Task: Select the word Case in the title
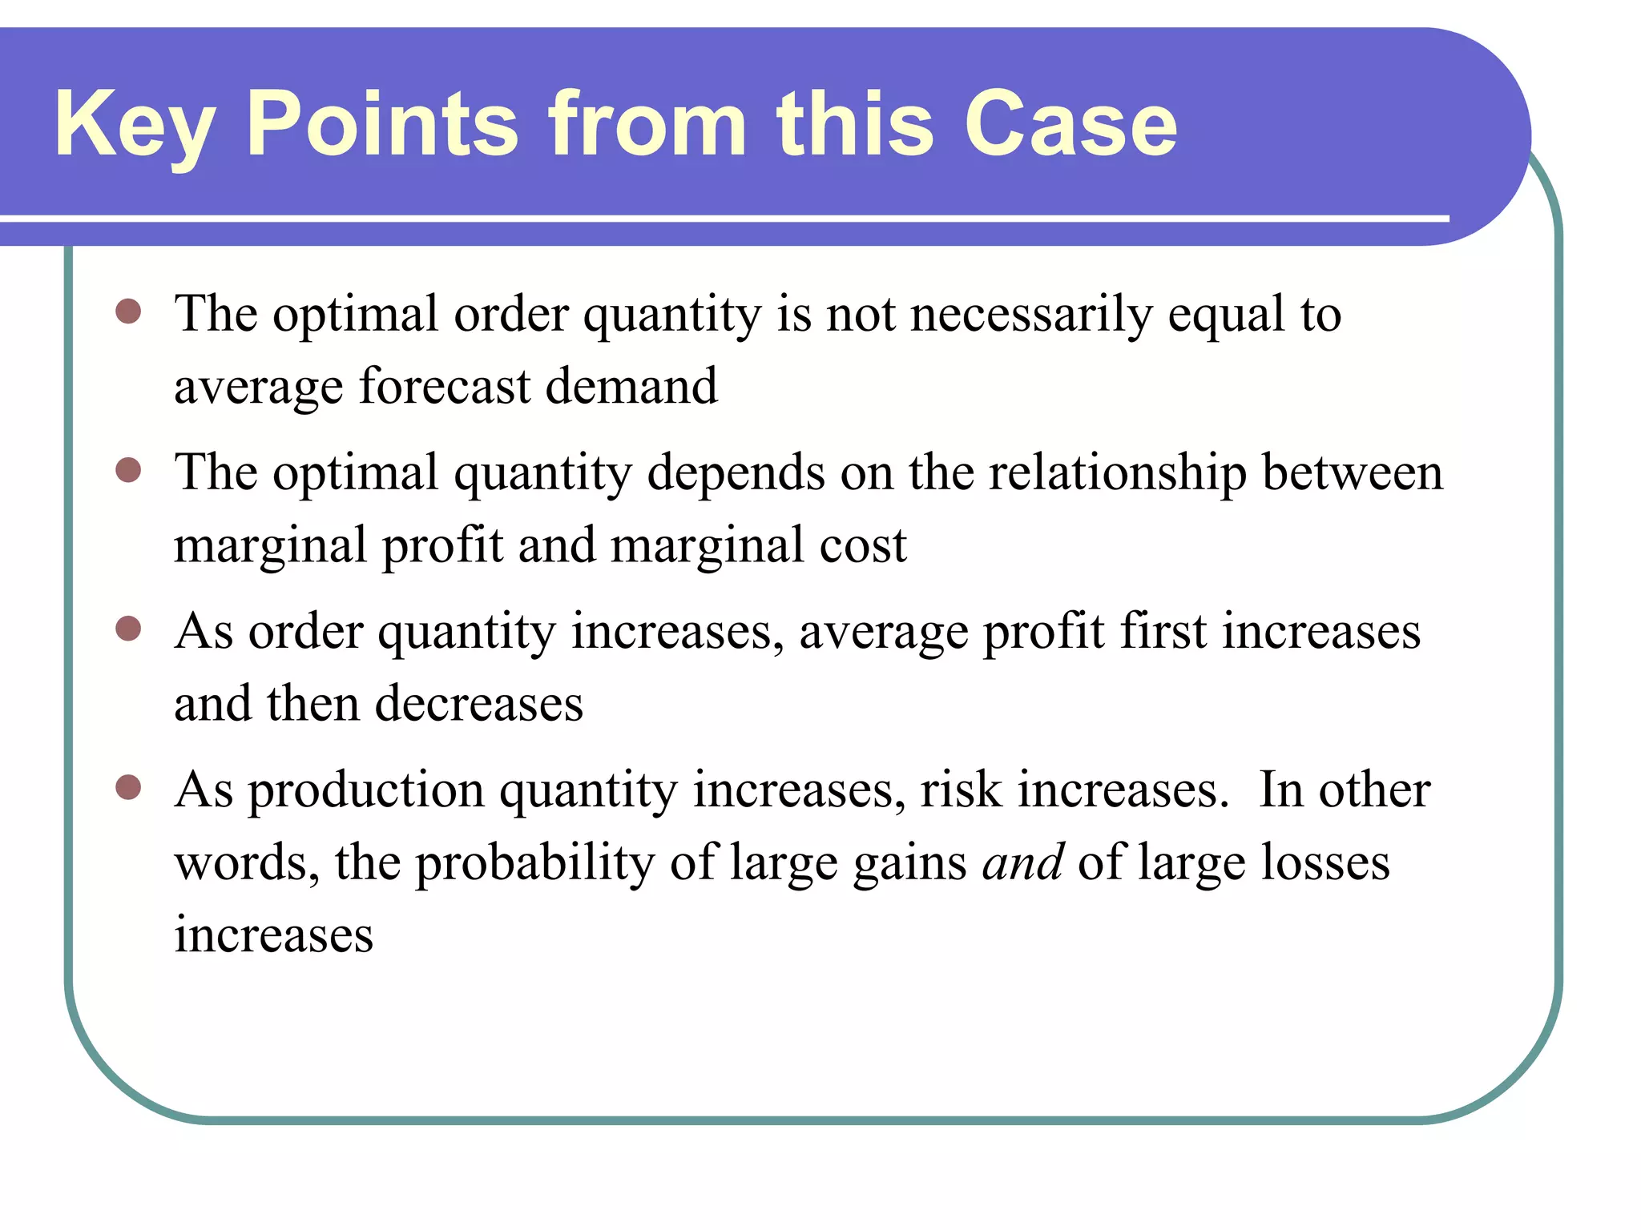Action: tap(1070, 124)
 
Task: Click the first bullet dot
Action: tap(128, 311)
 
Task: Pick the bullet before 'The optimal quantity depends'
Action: tap(128, 470)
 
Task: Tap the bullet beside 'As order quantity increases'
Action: tap(128, 629)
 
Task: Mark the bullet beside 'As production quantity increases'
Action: tap(128, 787)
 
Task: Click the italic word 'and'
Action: tap(1022, 862)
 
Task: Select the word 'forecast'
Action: tap(445, 386)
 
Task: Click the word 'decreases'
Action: tap(478, 704)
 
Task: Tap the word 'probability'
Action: tap(534, 863)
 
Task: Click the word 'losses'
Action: tap(1325, 862)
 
